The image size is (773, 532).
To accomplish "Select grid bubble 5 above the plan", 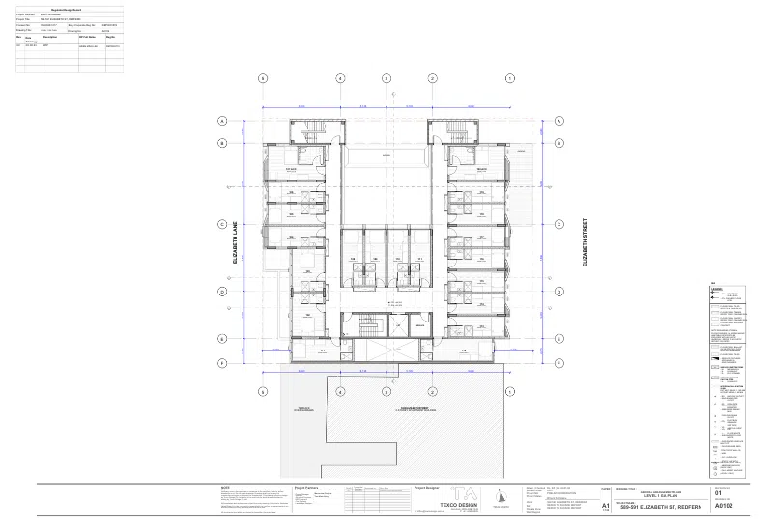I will [x=262, y=78].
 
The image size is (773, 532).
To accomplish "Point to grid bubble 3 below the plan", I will [x=386, y=392].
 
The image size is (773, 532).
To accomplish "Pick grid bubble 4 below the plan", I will [x=340, y=392].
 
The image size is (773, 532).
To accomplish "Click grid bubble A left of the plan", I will [x=221, y=122].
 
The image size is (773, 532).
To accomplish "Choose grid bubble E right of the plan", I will [x=558, y=339].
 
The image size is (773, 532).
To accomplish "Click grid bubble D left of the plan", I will [x=221, y=291].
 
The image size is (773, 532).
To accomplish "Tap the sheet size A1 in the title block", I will [x=605, y=505].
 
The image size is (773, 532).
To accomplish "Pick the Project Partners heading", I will [x=306, y=488].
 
